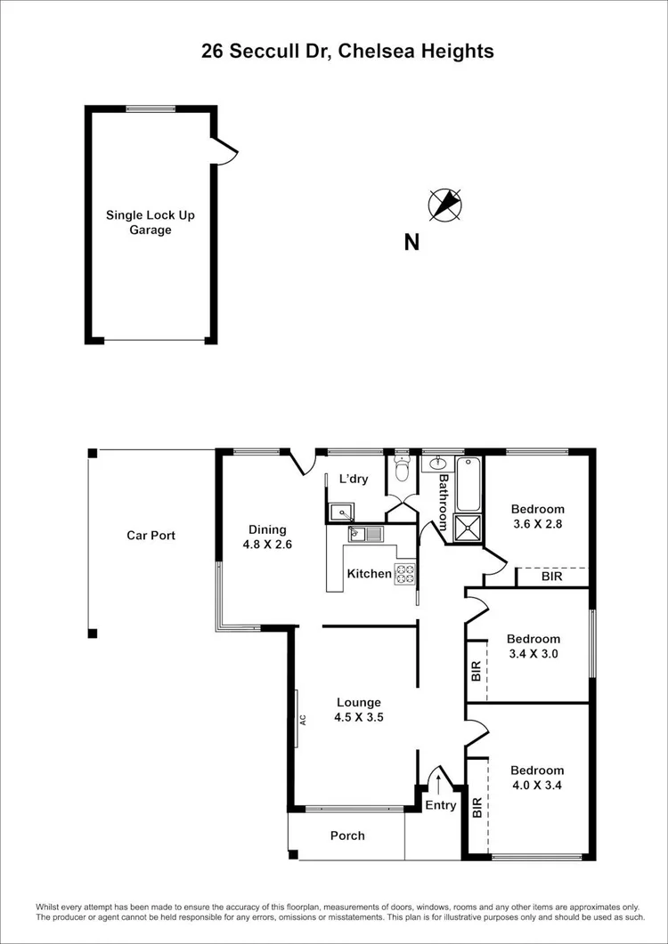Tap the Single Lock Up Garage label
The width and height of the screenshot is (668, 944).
pyautogui.click(x=150, y=222)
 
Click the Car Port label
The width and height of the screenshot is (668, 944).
pyautogui.click(x=151, y=536)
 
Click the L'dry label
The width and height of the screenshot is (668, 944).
pyautogui.click(x=354, y=479)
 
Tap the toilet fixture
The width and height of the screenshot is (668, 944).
pyautogui.click(x=402, y=465)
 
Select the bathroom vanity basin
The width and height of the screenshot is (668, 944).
pyautogui.click(x=438, y=464)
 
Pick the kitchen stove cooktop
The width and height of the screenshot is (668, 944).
pyautogui.click(x=405, y=574)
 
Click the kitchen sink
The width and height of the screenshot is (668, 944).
pyautogui.click(x=365, y=534)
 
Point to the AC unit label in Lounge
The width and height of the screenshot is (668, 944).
pyautogui.click(x=303, y=719)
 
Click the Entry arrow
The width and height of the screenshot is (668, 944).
pyautogui.click(x=438, y=784)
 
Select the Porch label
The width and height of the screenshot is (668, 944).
pyautogui.click(x=346, y=835)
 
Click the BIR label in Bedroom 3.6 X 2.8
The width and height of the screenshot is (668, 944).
pyautogui.click(x=551, y=577)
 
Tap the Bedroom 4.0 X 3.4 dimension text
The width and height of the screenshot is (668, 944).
pyautogui.click(x=537, y=786)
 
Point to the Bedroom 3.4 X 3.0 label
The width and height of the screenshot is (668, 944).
pyautogui.click(x=534, y=646)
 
